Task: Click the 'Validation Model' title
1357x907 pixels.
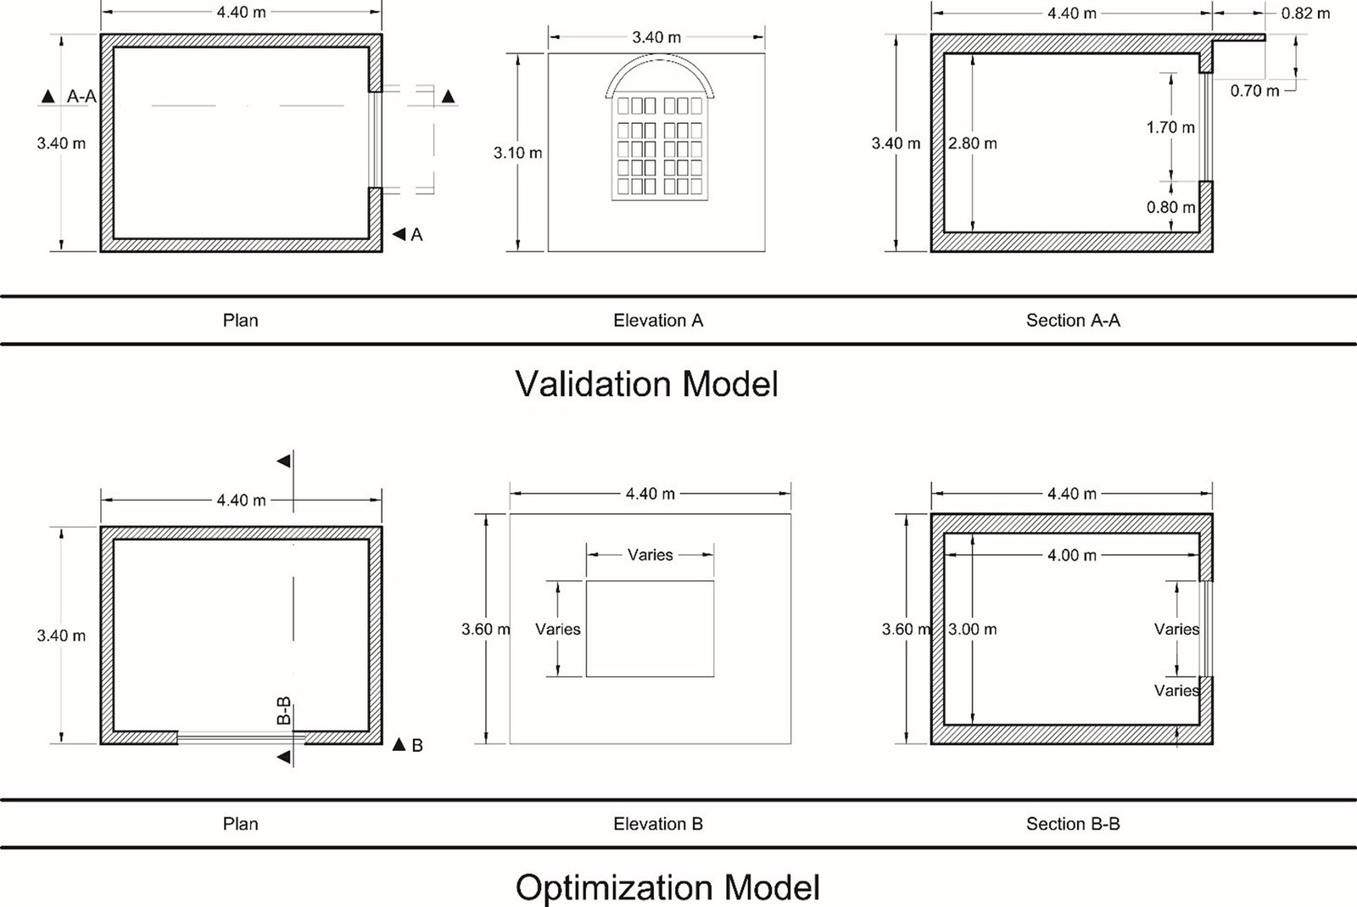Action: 646,384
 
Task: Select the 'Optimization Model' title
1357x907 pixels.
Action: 667,887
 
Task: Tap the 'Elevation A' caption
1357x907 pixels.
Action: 658,321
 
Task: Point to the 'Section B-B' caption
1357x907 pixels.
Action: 1073,824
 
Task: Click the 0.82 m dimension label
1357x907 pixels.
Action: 1305,14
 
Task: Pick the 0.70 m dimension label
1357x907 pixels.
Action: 1254,90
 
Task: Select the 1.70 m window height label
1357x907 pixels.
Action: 1170,127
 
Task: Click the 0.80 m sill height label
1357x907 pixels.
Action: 1170,207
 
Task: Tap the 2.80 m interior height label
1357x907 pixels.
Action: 973,143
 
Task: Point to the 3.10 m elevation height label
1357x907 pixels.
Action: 517,154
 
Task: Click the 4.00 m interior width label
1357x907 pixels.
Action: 1072,555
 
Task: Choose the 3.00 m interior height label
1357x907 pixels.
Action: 973,630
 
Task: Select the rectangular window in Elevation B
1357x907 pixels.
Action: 650,629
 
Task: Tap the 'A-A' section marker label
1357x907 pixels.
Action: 81,98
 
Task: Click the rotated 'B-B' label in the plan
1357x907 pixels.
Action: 285,710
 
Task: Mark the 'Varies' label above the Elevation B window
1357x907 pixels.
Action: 650,555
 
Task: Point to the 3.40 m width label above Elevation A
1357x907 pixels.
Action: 656,37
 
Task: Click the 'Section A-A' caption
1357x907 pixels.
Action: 1073,321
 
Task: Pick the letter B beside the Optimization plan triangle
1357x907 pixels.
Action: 417,746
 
